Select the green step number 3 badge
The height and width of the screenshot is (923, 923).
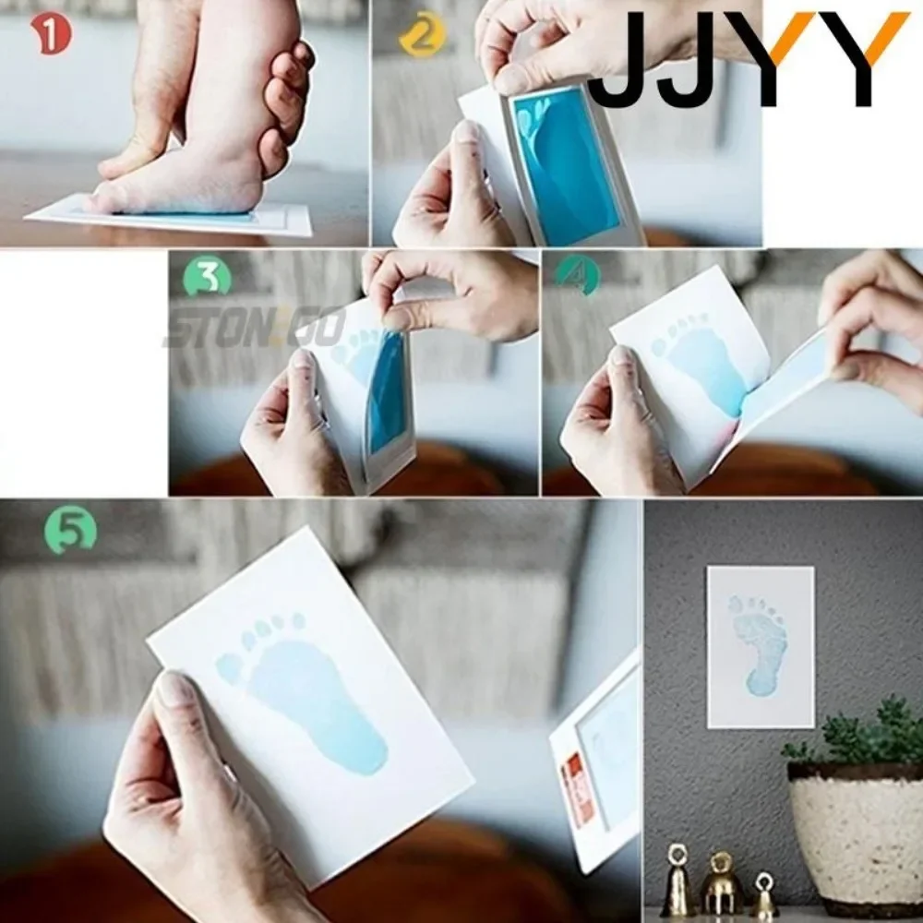click(x=208, y=277)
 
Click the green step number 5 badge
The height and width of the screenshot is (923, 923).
click(x=70, y=530)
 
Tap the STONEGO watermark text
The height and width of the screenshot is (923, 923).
click(x=254, y=329)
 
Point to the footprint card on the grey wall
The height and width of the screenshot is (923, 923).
click(x=760, y=646)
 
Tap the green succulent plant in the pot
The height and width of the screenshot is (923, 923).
click(x=854, y=734)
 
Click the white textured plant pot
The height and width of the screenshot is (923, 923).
click(x=854, y=831)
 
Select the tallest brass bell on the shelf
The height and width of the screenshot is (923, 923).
click(x=678, y=881)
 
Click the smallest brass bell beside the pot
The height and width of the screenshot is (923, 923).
click(x=763, y=895)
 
